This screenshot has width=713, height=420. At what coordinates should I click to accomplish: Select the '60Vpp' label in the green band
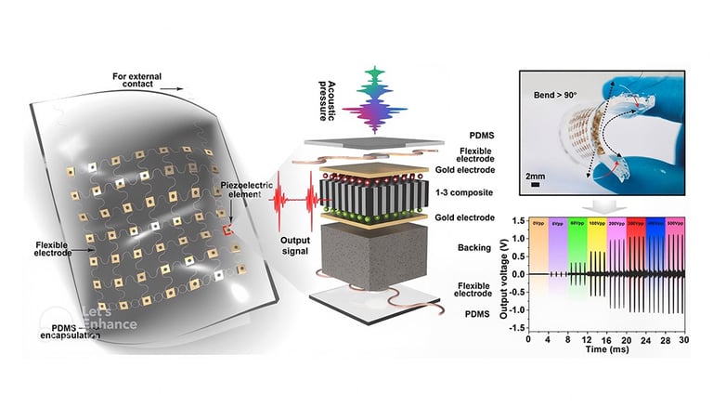[x=577, y=224]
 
